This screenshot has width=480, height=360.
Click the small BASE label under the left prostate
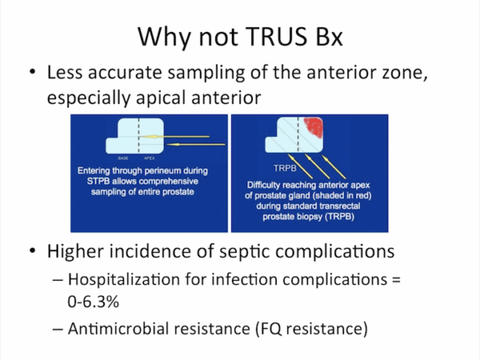[124, 159]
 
